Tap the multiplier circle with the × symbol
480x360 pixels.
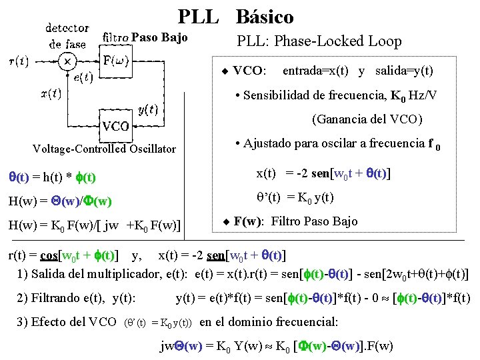[x=67, y=61]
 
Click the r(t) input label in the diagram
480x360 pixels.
[x=18, y=62]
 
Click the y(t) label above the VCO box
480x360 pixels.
[x=147, y=109]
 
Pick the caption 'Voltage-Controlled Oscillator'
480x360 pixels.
[x=105, y=149]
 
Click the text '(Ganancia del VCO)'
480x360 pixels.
[x=367, y=120]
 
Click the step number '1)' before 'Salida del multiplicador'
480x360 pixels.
[x=23, y=273]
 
